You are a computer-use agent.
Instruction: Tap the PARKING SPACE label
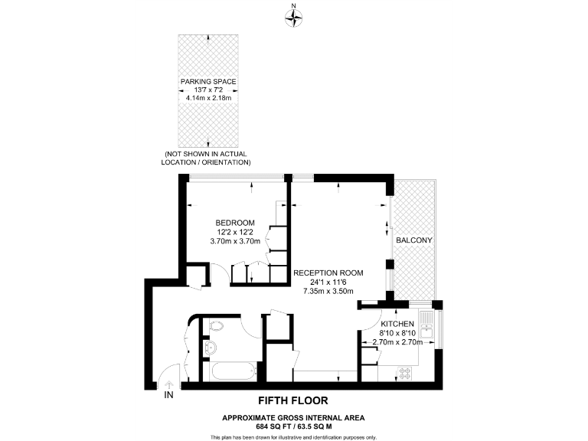tap(208, 81)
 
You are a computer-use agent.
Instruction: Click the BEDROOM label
tap(235, 223)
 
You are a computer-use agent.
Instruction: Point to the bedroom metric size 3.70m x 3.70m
tap(235, 241)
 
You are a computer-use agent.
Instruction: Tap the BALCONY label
tap(413, 240)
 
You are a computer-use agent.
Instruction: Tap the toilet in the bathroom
tap(217, 326)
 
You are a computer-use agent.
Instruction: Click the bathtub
tap(234, 374)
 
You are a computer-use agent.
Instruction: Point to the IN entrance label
tap(169, 395)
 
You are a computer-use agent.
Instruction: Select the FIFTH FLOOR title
tap(293, 400)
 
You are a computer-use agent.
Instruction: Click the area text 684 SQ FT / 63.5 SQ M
tap(293, 425)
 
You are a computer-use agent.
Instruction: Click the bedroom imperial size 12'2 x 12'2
tap(235, 232)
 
